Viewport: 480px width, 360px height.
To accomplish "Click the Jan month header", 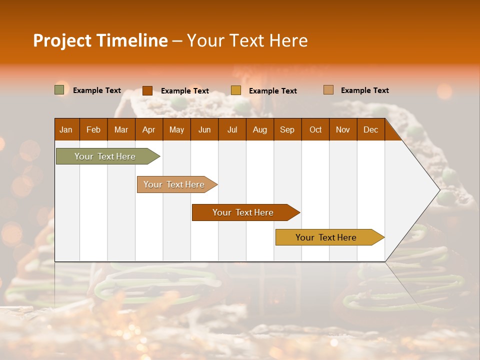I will [x=66, y=129].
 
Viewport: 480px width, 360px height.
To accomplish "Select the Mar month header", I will [x=121, y=129].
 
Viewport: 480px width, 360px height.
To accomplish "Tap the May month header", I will [x=176, y=129].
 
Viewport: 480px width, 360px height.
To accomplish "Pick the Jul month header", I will [x=232, y=129].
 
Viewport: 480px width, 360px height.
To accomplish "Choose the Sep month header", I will [x=287, y=129].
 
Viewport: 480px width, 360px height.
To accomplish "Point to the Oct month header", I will [x=315, y=129].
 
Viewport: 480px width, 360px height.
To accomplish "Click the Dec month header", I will [x=370, y=129].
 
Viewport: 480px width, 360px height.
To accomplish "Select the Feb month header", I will [x=93, y=129].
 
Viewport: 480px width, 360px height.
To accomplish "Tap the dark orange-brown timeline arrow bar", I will [x=243, y=212].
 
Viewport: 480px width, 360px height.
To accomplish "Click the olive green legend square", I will [x=59, y=90].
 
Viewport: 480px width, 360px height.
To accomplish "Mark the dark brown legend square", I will [x=147, y=90].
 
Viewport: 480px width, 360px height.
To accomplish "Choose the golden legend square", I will [x=236, y=90].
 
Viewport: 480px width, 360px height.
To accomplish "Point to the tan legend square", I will [x=328, y=90].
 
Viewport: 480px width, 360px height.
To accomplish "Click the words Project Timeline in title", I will [x=100, y=40].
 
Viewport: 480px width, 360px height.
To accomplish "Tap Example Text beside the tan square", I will [x=364, y=90].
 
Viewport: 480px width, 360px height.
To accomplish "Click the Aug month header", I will [x=259, y=129].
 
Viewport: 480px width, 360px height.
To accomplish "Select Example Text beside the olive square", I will [x=97, y=90].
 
